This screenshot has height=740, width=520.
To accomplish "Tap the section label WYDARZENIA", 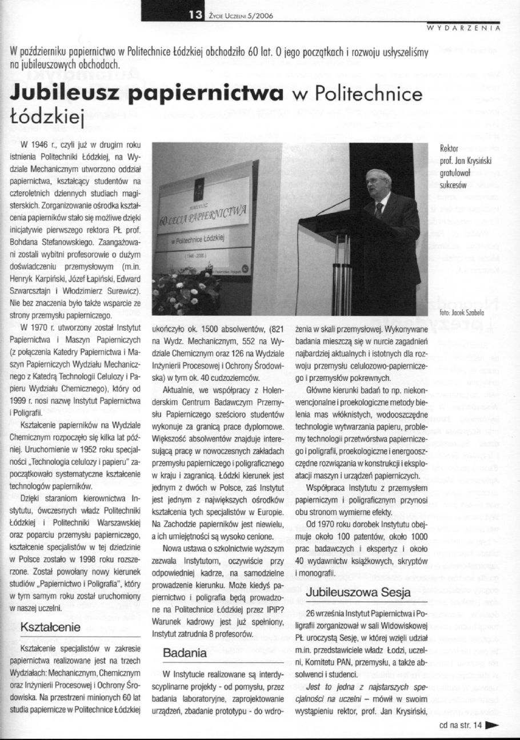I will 464,27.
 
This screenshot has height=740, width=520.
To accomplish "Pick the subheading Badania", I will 185,652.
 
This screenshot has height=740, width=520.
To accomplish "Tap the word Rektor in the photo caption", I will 449,149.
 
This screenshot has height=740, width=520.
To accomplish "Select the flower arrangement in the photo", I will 182,291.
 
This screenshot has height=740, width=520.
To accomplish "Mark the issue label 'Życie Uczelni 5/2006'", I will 238,16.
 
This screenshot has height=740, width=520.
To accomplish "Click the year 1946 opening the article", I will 38,144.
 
